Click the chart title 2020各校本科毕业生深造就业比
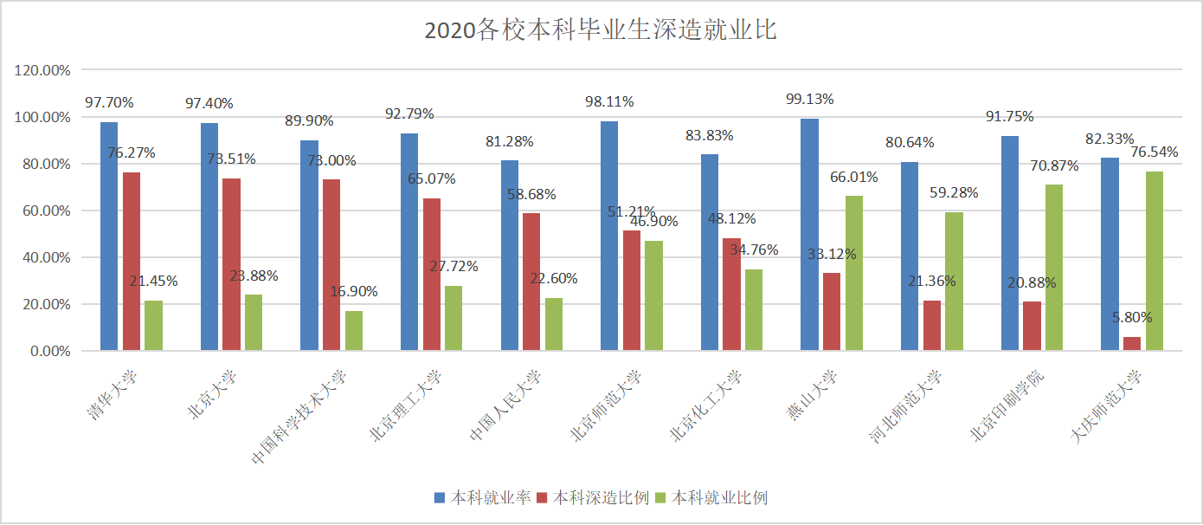coord(601,31)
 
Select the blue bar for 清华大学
coord(109,237)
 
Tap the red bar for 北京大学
coord(231,264)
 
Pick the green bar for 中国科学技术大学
coord(353,331)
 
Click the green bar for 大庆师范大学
coord(1154,261)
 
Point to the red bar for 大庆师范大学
coord(1131,344)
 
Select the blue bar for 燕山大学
coord(809,235)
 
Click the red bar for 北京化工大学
coord(731,295)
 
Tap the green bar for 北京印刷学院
coord(1053,268)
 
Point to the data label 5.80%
coord(1132,317)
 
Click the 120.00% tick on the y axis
coord(42,70)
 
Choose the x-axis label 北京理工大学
coord(405,405)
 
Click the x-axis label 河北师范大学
coord(905,405)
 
